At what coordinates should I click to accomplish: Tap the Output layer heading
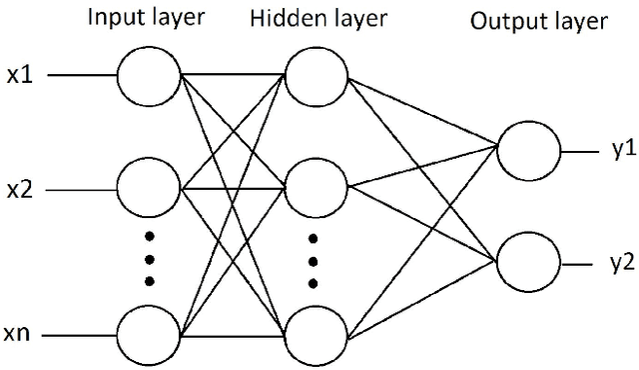[x=540, y=23]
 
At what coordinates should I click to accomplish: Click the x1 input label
[x=20, y=75]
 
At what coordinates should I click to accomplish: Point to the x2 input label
[x=20, y=188]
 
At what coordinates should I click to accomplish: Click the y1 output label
[x=612, y=149]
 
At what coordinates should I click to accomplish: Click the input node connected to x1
[x=149, y=75]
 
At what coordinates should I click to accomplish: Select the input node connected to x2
[x=149, y=187]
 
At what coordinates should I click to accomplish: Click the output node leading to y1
[x=528, y=150]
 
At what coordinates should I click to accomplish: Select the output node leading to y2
[x=528, y=262]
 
